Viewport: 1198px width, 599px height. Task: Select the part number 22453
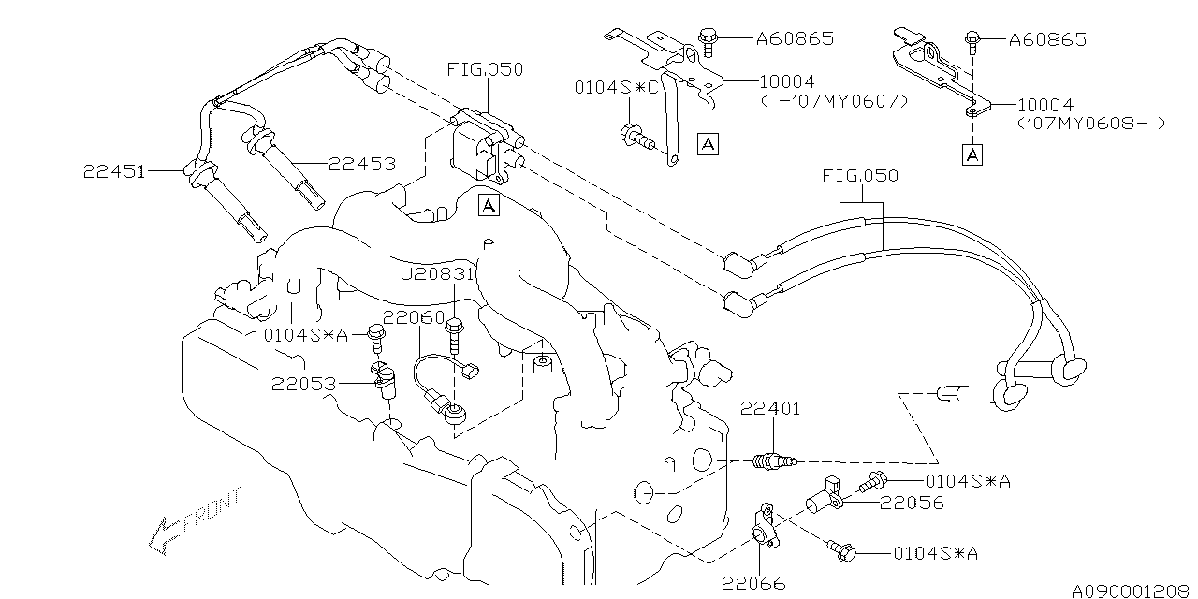[361, 163]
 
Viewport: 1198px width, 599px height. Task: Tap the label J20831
[436, 273]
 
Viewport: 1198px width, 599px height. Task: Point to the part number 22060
[413, 318]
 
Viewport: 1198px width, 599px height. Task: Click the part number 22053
[304, 382]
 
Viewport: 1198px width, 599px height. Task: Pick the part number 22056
[912, 503]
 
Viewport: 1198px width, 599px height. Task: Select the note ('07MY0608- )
[1091, 124]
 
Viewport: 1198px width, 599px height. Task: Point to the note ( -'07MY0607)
[834, 100]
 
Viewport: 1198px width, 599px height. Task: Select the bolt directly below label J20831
[456, 333]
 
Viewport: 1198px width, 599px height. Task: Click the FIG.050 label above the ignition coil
[485, 69]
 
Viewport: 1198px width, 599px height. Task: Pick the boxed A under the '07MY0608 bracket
[974, 153]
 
